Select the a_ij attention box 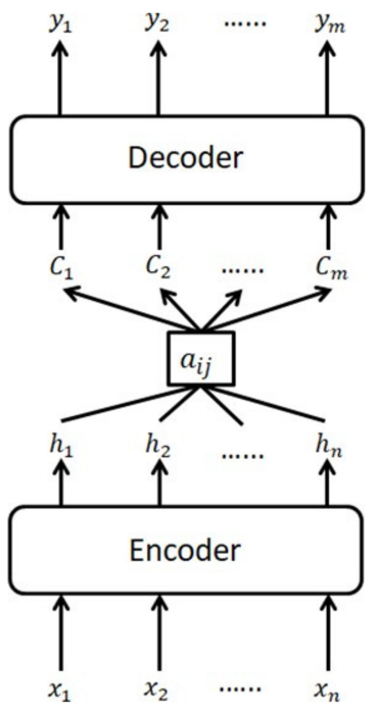[201, 358]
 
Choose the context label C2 [158, 267]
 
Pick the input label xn [327, 690]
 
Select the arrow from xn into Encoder [328, 632]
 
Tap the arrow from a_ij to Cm [268, 309]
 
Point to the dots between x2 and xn [240, 689]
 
